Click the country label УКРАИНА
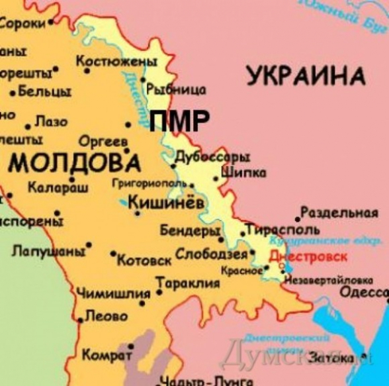[306, 75]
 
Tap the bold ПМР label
[179, 121]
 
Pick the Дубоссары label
[212, 158]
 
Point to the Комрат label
[107, 356]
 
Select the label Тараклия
[188, 283]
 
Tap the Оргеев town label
[103, 142]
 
